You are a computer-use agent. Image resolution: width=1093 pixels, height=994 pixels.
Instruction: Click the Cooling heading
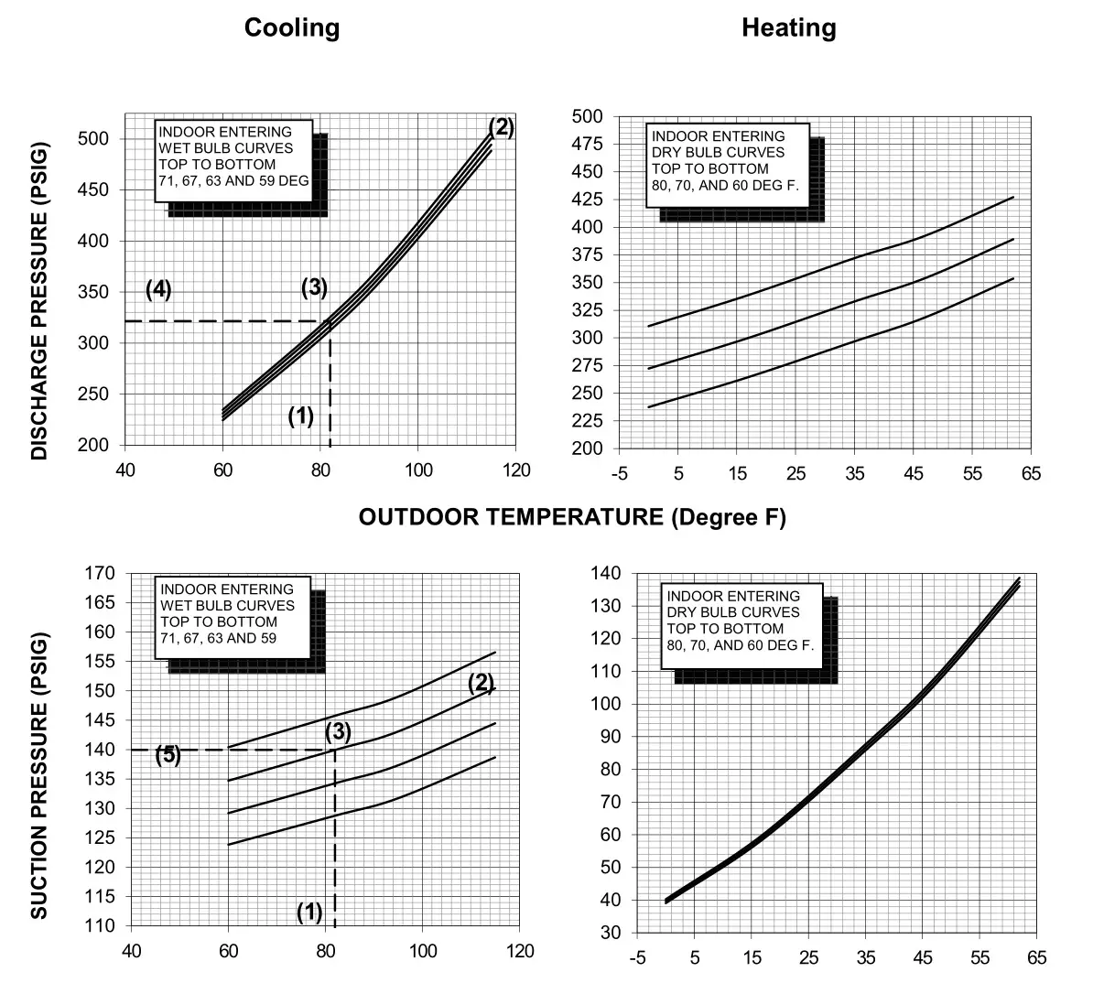[291, 27]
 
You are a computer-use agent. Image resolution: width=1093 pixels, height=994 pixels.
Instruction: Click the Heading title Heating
[788, 27]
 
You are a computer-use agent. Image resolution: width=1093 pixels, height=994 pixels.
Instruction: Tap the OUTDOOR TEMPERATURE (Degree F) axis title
[572, 517]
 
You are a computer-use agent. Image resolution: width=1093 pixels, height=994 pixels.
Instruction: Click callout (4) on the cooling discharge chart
[158, 289]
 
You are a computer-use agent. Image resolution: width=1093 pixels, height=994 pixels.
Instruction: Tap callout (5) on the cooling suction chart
[167, 755]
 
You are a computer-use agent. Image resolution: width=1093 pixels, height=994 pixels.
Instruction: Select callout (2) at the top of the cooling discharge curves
[501, 127]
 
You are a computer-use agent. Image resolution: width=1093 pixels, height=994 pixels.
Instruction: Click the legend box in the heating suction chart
[741, 621]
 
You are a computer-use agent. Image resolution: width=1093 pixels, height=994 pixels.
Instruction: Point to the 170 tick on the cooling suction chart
[101, 574]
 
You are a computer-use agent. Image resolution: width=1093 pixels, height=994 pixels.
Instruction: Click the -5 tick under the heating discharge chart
[620, 473]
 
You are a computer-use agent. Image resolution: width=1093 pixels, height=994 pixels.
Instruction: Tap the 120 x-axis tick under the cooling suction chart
[520, 951]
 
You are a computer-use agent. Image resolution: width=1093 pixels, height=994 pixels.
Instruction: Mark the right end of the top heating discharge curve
[1013, 197]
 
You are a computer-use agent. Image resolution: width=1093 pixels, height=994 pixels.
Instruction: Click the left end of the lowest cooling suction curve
[228, 845]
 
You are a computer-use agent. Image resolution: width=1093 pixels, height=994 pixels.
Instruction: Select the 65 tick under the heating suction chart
[1036, 958]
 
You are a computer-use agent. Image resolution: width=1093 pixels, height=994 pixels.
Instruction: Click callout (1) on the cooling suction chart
[309, 912]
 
